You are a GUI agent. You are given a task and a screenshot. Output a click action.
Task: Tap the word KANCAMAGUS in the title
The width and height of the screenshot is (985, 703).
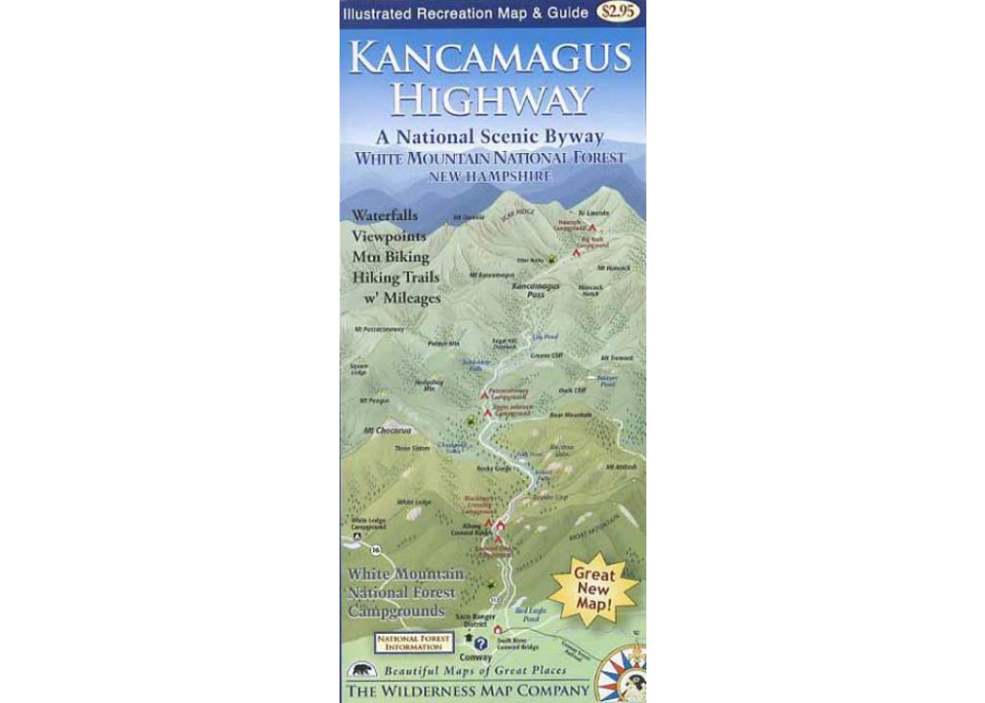pos(491,58)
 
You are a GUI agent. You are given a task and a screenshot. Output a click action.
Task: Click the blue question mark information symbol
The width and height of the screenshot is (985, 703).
pos(481,642)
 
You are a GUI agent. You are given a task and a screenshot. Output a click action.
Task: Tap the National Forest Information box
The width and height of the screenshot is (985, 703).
pos(413,641)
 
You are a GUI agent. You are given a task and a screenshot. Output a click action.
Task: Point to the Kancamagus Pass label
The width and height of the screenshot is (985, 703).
pos(529,290)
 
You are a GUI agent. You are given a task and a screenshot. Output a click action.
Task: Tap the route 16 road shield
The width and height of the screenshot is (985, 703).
pos(375,549)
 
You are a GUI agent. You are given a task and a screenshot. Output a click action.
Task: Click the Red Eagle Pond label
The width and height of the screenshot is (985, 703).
pos(530,614)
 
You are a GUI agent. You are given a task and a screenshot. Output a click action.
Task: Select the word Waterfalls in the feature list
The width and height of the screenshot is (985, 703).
pos(385,215)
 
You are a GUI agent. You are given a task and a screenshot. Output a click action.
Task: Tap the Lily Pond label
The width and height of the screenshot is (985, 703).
pos(543,337)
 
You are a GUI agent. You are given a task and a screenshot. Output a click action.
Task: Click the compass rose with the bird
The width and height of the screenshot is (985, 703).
pos(621,675)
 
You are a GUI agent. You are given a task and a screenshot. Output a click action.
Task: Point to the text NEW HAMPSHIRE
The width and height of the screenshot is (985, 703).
pos(491,177)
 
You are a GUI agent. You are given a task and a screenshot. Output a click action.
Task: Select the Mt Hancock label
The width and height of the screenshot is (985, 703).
pos(613,267)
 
